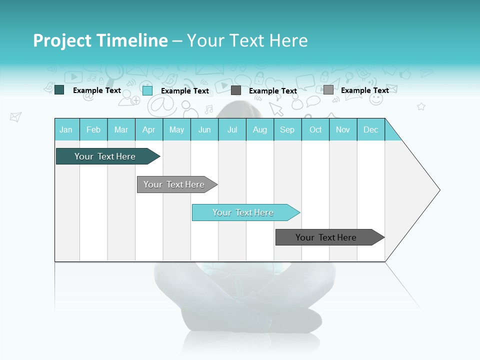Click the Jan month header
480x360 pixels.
click(x=66, y=129)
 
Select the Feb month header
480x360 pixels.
click(x=93, y=129)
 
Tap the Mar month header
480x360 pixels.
click(x=121, y=129)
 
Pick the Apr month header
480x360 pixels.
click(x=149, y=129)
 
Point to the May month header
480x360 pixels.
click(x=176, y=129)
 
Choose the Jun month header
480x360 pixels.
click(x=204, y=129)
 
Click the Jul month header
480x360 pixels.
click(x=232, y=129)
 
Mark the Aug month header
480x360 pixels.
click(x=260, y=129)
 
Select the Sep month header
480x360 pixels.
click(x=287, y=129)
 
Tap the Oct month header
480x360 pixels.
click(x=315, y=129)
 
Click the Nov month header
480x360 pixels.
click(x=343, y=129)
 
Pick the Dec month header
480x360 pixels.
click(x=371, y=129)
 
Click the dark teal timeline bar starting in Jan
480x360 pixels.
click(x=105, y=156)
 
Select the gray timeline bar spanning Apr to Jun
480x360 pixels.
click(x=174, y=184)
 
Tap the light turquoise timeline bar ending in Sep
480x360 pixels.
click(x=243, y=212)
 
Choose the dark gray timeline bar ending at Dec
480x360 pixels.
click(x=326, y=237)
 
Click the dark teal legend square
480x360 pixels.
click(x=59, y=90)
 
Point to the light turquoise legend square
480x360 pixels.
click(x=147, y=90)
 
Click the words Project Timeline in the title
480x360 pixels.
click(x=100, y=40)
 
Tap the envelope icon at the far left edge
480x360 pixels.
click(x=15, y=117)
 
